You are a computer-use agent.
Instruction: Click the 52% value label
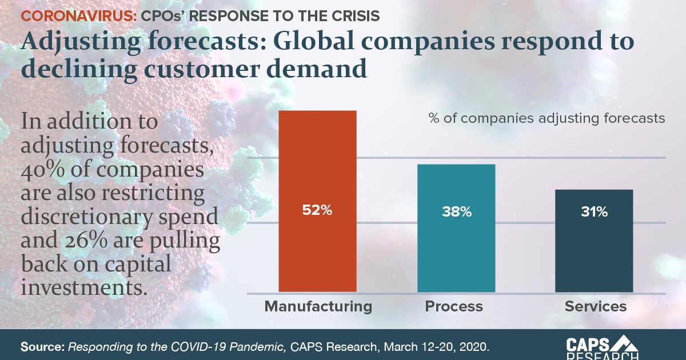coord(317,210)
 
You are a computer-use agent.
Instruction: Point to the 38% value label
coord(456,212)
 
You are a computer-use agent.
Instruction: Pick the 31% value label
coord(595,212)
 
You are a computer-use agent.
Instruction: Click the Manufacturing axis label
coord(318,306)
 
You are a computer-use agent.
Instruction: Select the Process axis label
coord(454,306)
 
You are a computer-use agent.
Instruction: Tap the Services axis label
coord(596,306)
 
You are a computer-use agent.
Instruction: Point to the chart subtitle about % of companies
coord(547,118)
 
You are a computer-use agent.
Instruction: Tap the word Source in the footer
coord(42,346)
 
